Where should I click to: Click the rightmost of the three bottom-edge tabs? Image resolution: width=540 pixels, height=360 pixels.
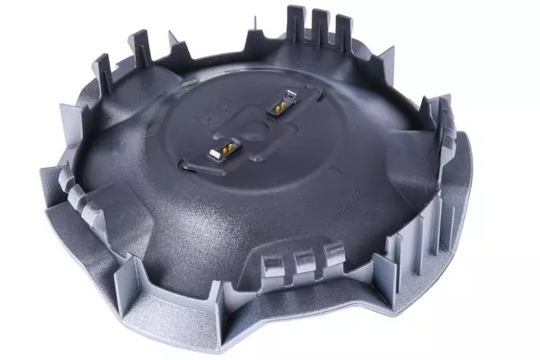[x=334, y=253]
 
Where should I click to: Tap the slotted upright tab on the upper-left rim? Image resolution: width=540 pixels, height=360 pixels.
[x=102, y=72]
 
